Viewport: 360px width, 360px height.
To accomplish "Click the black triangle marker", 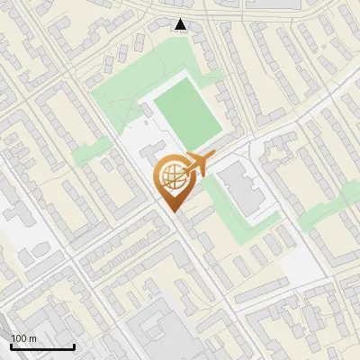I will coord(182,24).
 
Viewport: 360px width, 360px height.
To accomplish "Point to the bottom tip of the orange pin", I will coord(173,211).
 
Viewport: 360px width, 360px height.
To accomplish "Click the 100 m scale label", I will coord(23,337).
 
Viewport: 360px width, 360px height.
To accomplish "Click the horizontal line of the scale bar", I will coord(42,346).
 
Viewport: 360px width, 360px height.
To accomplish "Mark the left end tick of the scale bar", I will coord(11,345).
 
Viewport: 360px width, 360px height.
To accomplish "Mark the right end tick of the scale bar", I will coord(74,345).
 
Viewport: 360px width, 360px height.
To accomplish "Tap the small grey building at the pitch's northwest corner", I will coord(147,109).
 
